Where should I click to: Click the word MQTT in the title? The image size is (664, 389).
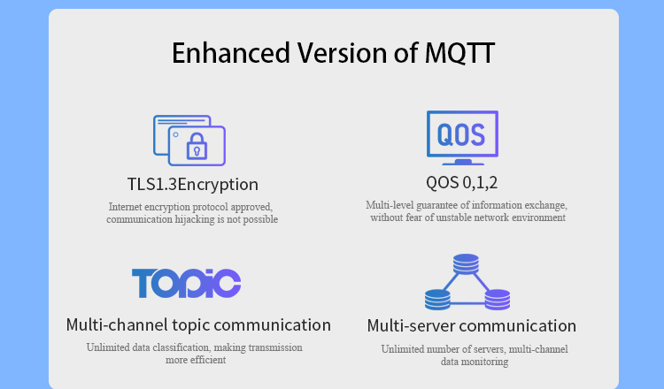click(459, 54)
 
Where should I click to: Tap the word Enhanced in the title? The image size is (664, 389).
click(231, 53)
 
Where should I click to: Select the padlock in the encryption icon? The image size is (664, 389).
click(197, 146)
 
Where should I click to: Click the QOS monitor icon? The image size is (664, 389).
click(462, 137)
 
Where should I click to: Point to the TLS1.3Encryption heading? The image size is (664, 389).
click(193, 185)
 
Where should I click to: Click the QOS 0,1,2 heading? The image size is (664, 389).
click(462, 183)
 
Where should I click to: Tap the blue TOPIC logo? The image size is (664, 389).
click(186, 283)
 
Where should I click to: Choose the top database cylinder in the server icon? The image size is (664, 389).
click(466, 263)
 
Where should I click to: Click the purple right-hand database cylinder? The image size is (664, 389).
click(498, 300)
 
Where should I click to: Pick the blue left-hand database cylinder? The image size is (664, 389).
click(437, 300)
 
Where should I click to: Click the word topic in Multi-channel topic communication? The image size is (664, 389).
click(191, 325)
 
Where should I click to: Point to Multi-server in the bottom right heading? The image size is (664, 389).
click(411, 326)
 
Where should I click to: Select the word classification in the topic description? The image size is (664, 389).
click(181, 347)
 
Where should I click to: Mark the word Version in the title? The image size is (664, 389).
click(342, 53)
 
